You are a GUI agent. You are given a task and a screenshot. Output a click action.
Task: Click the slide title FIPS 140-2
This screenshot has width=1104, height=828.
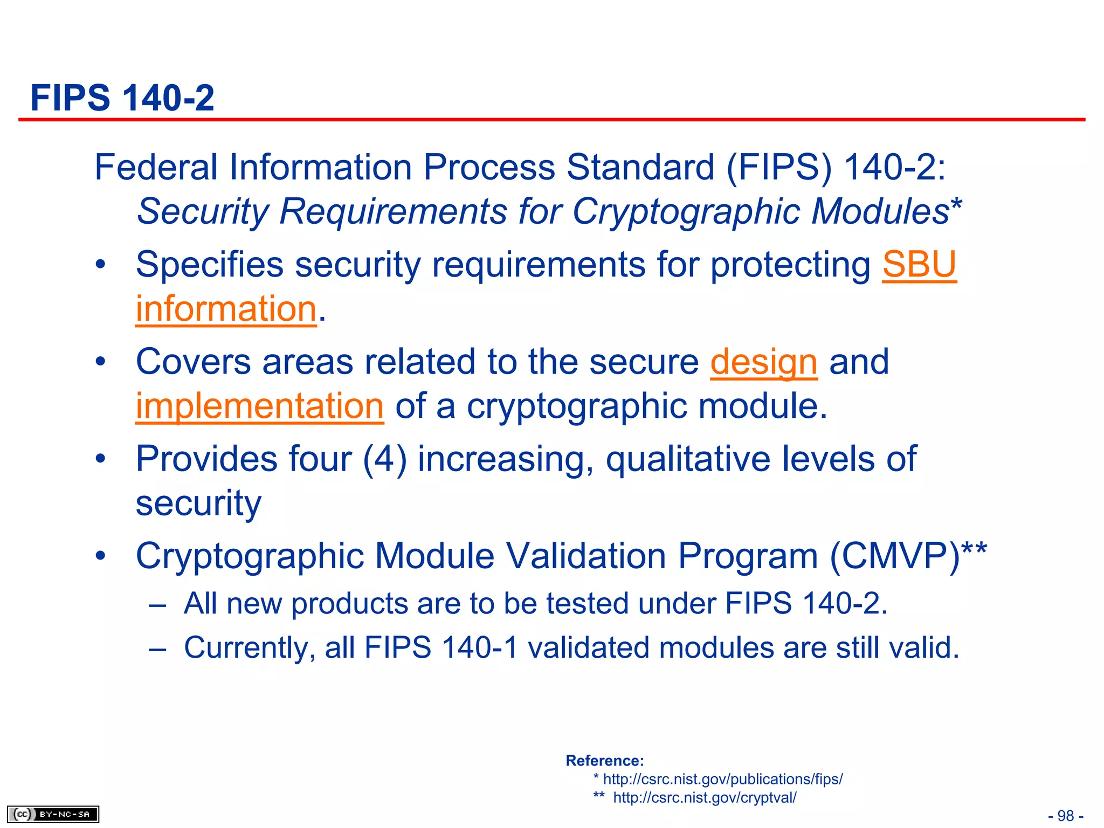[x=122, y=98]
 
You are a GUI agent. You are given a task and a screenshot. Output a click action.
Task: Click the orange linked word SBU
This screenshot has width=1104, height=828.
[x=919, y=265]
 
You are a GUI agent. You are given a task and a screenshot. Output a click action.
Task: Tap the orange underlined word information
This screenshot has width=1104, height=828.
[x=226, y=309]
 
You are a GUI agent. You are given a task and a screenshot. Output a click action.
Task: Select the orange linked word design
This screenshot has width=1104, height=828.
[x=763, y=362]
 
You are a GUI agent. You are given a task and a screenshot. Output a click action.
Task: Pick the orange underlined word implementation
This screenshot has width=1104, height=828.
[x=259, y=406]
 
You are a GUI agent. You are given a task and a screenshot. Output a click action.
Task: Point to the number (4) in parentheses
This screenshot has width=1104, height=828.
[x=385, y=459]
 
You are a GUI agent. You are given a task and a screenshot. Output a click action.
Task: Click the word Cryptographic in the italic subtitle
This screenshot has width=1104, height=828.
[x=686, y=211]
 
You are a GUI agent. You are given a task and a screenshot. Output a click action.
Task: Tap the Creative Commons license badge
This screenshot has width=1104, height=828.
[x=53, y=814]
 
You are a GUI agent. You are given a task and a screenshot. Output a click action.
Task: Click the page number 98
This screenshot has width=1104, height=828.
[x=1066, y=816]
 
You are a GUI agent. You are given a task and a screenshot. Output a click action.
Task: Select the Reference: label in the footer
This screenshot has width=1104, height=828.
[x=605, y=761]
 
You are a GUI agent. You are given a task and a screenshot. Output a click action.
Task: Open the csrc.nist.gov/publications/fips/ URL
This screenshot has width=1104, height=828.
[x=723, y=779]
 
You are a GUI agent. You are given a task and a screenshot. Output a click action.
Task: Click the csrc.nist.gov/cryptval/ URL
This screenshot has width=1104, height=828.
[x=705, y=797]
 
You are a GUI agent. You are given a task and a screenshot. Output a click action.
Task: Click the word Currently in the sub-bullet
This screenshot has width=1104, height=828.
[x=249, y=648]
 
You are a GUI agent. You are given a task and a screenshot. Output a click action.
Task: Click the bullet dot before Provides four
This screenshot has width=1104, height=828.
[x=100, y=459]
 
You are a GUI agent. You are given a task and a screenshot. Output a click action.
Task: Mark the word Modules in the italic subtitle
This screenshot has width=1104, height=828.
[x=880, y=211]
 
